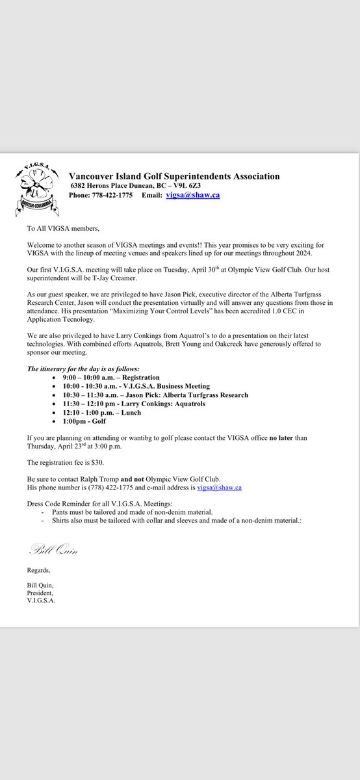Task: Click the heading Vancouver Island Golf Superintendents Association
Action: click(x=174, y=176)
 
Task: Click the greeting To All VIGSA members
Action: click(x=64, y=229)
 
